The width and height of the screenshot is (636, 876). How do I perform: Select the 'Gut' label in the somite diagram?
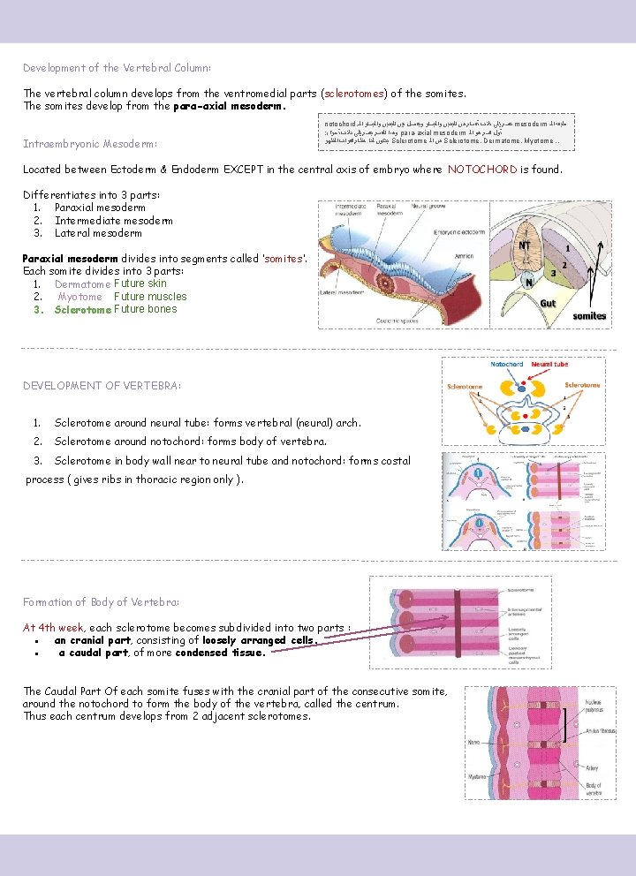(549, 302)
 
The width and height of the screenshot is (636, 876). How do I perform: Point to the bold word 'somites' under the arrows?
(589, 315)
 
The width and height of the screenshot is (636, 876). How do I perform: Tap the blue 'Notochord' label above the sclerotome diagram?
(507, 364)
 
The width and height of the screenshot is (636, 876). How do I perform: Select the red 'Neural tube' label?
(549, 364)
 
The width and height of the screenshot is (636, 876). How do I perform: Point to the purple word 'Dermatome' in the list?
(82, 284)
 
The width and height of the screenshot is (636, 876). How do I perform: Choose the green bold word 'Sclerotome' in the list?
(82, 310)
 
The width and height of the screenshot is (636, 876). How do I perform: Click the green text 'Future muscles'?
(150, 297)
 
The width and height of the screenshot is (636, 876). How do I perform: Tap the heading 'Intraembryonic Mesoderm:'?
(90, 143)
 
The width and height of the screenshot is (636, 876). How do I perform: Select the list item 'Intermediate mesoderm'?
(113, 221)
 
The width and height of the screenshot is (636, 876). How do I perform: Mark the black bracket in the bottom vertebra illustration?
(564, 723)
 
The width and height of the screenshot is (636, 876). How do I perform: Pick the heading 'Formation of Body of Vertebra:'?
(101, 602)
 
